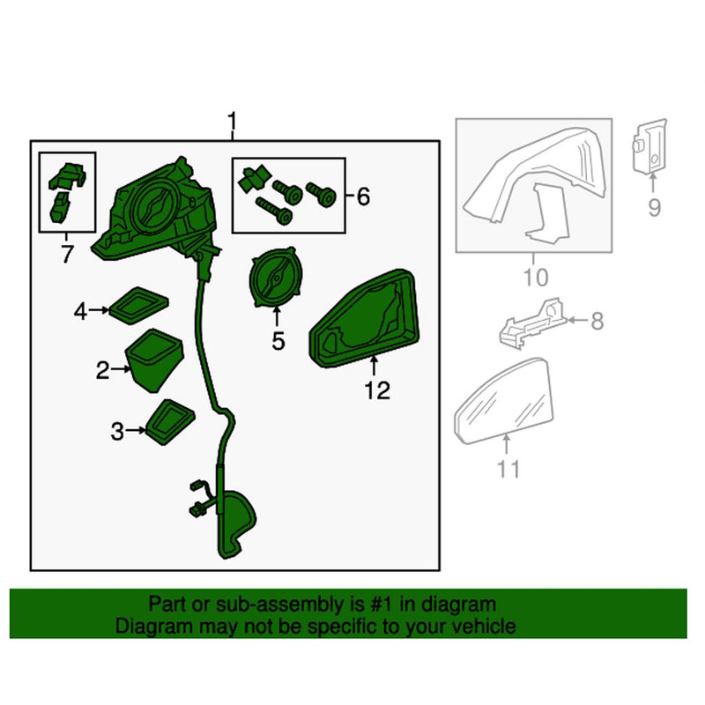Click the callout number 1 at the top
pyautogui.click(x=232, y=120)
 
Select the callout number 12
pyautogui.click(x=376, y=390)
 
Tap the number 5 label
pyautogui.click(x=278, y=340)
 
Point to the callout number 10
pyautogui.click(x=536, y=278)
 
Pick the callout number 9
pyautogui.click(x=654, y=208)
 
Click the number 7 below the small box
pyautogui.click(x=67, y=256)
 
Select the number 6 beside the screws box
pyautogui.click(x=363, y=197)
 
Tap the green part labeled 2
pyautogui.click(x=154, y=360)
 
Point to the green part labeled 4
pyautogui.click(x=139, y=304)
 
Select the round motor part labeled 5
pyautogui.click(x=276, y=279)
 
